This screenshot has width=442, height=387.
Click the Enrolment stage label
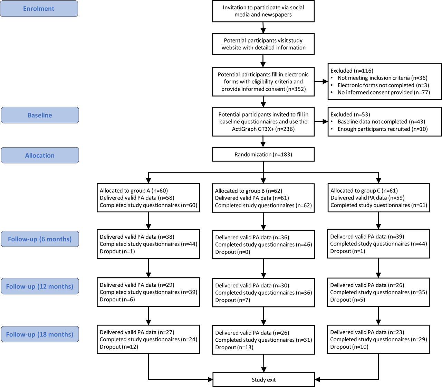point(39,9)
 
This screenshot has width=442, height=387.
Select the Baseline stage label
point(40,115)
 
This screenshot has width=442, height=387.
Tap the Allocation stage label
point(40,155)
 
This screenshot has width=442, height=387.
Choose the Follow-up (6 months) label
point(40,239)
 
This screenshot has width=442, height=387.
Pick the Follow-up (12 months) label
point(40,286)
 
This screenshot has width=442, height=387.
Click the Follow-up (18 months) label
point(40,334)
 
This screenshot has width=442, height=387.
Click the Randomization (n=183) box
point(263,155)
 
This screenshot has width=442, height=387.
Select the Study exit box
point(263,380)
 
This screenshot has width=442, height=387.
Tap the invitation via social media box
point(263,11)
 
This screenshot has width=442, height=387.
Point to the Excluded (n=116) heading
point(352,71)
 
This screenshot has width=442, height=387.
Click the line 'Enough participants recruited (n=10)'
point(382,129)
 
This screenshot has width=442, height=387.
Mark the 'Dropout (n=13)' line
point(234,347)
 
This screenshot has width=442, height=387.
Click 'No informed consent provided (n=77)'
point(384,92)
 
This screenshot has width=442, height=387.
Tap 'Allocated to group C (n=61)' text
point(364,191)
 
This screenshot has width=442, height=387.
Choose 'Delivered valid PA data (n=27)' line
point(137,332)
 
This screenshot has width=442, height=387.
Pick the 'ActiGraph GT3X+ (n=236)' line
point(263,129)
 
